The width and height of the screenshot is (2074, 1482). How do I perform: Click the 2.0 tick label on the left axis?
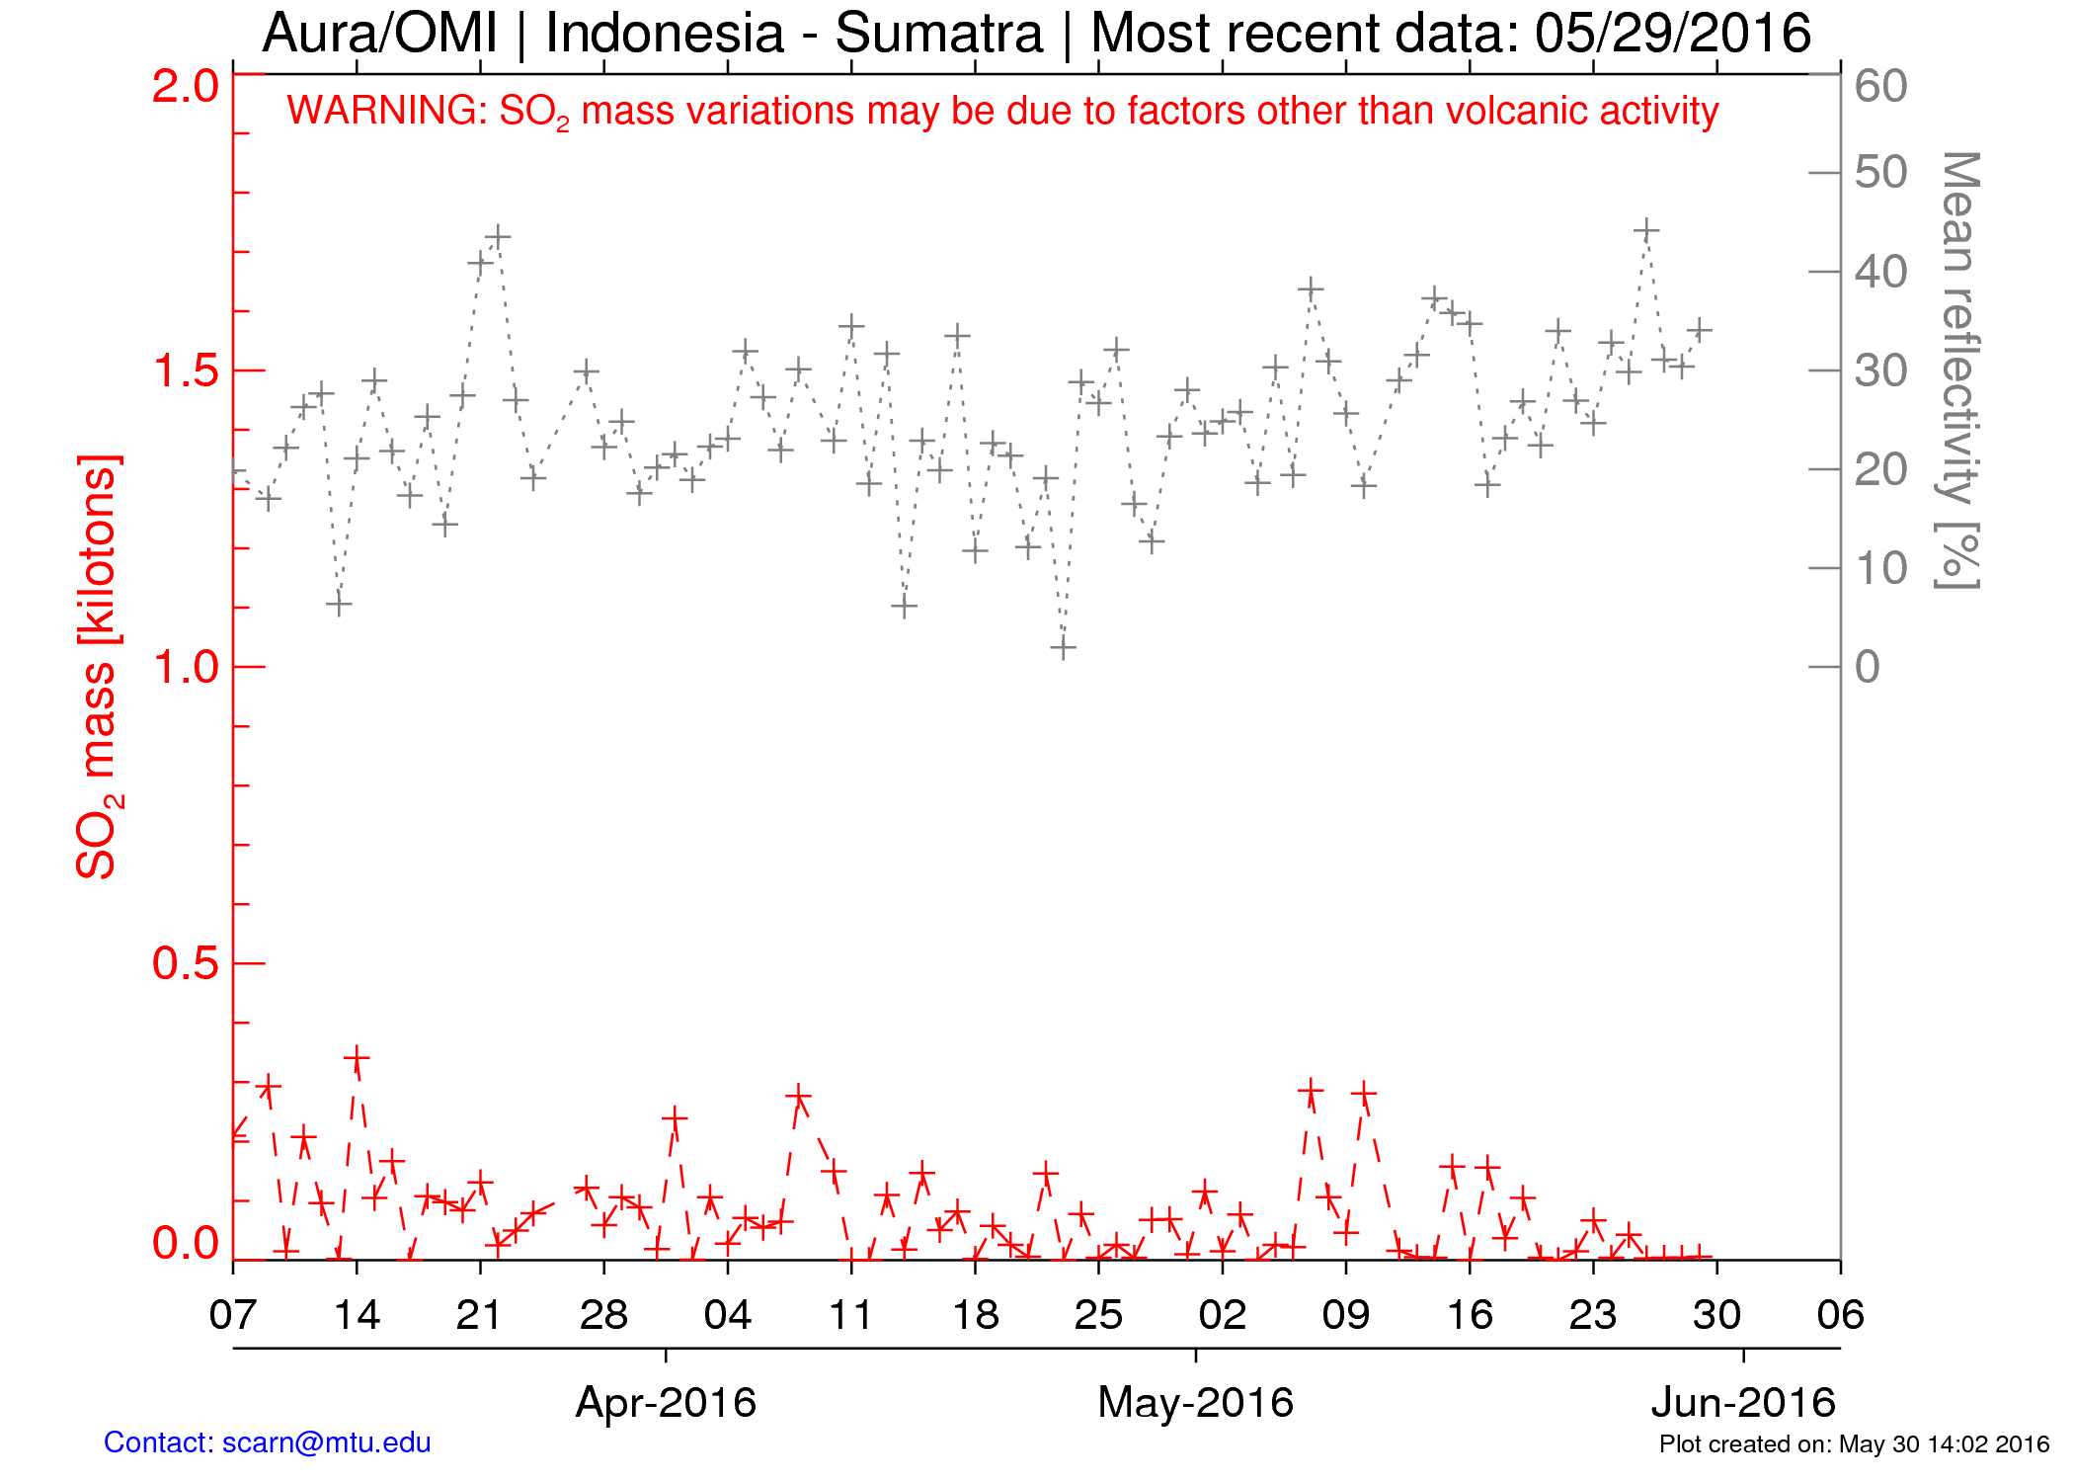(185, 87)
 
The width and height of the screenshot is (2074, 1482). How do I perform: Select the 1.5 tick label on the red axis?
(185, 371)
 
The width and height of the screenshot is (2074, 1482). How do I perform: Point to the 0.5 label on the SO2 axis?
(185, 963)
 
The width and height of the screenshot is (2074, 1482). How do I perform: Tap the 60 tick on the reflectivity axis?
(1880, 87)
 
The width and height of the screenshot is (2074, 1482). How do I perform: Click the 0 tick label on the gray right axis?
(1867, 668)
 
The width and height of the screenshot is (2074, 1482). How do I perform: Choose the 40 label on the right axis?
(1880, 273)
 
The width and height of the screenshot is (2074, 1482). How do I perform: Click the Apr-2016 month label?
(666, 1402)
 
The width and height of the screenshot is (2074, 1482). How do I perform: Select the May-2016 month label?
(1195, 1402)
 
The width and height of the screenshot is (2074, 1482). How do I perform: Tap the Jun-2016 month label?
(1743, 1402)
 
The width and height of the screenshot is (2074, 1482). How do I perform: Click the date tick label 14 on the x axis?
(357, 1315)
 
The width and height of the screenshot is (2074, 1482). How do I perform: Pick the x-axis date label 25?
(1098, 1315)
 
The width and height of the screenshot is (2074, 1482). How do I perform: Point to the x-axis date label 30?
(1716, 1315)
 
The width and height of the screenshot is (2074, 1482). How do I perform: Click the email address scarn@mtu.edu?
(326, 1442)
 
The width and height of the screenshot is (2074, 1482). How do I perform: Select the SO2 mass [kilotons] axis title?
(99, 667)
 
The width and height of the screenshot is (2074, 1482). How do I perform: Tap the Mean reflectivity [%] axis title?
(1957, 370)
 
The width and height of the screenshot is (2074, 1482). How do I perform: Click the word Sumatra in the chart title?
(938, 34)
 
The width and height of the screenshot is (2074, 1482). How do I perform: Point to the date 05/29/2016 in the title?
(1672, 34)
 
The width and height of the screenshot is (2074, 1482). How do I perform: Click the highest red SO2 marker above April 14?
(357, 1059)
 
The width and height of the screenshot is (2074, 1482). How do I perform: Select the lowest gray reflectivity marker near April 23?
(1063, 648)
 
